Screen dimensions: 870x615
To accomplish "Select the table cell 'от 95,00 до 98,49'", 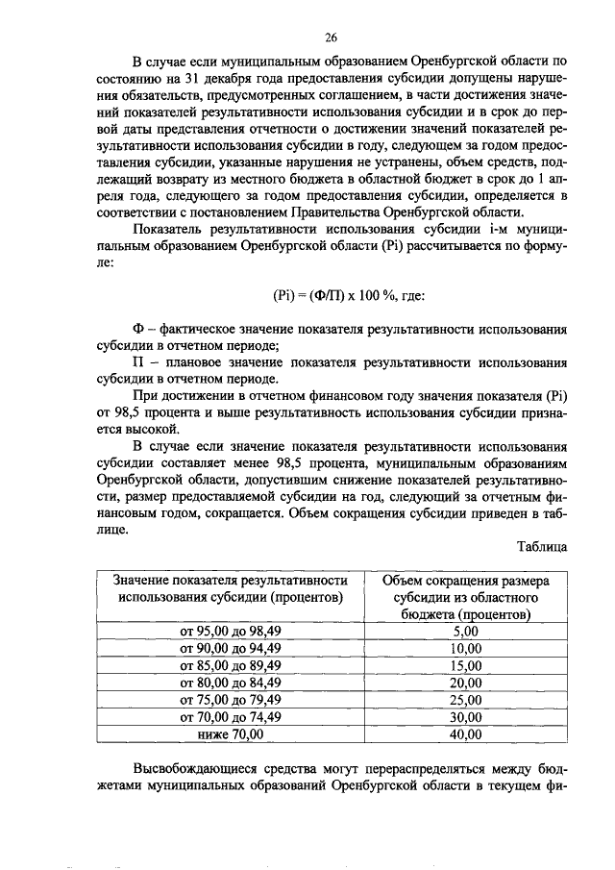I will (231, 632).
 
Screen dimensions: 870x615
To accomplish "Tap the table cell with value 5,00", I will (465, 632).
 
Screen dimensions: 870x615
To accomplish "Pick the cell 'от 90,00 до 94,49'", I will (231, 649).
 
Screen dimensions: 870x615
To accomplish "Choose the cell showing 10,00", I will (465, 649).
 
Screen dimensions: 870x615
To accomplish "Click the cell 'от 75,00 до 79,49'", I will (231, 700).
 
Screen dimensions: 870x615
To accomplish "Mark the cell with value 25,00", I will (465, 700).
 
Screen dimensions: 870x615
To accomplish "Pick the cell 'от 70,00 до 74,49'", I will (231, 717).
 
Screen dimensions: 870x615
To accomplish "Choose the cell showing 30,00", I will (465, 717).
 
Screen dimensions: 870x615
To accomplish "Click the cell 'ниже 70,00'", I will (231, 734).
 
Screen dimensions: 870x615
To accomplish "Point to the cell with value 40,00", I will (465, 734).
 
